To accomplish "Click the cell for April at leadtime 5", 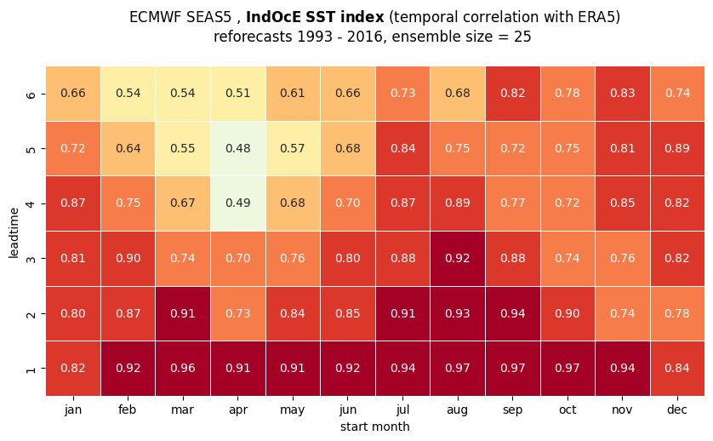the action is point(238,149).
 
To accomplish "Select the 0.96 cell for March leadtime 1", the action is point(183,368).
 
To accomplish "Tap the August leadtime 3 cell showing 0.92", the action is point(458,259).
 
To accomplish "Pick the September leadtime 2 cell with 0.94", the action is point(512,313).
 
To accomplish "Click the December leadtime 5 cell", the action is point(677,149).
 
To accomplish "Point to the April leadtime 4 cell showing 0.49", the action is point(238,203).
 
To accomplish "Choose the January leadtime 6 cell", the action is point(73,94).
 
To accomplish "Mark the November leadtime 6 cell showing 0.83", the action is point(623,94).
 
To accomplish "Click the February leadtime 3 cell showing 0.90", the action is point(128,259).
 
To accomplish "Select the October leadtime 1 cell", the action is point(568,368).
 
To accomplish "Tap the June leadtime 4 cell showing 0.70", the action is point(348,203).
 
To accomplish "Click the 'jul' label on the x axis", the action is point(403,409).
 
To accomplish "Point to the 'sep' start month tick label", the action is point(512,410).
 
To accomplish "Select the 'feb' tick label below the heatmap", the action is point(128,409).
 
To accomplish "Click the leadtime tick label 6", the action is point(31,94).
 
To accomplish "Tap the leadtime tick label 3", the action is point(31,259).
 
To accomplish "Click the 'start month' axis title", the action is point(374,427).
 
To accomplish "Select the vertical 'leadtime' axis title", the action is point(14,233).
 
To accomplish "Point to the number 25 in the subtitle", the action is point(522,37).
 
